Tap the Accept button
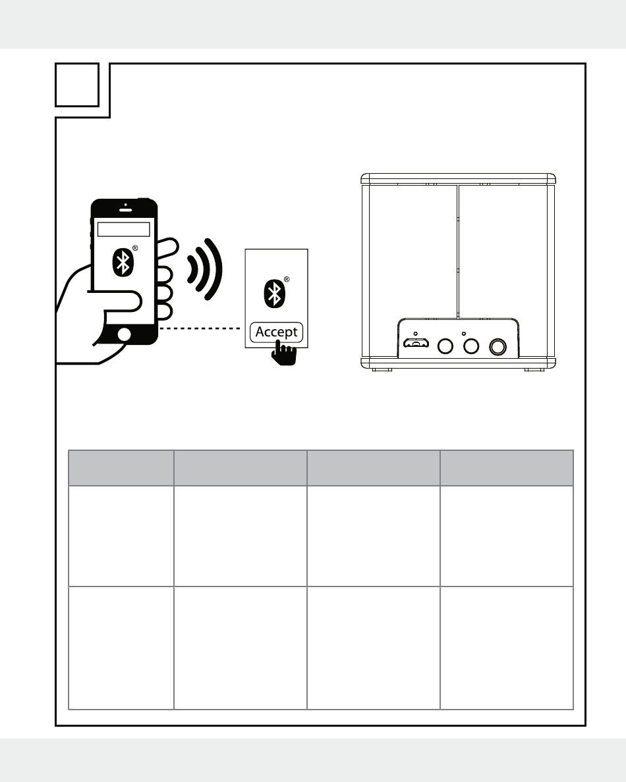pyautogui.click(x=277, y=332)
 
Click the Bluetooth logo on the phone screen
pyautogui.click(x=123, y=262)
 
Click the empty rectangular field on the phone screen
pyautogui.click(x=124, y=229)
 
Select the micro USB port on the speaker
pyautogui.click(x=416, y=344)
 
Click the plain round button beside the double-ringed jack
pyautogui.click(x=471, y=346)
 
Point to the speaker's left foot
pyautogui.click(x=378, y=370)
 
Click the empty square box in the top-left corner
pyautogui.click(x=77, y=85)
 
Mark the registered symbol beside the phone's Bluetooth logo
pyautogui.click(x=135, y=248)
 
